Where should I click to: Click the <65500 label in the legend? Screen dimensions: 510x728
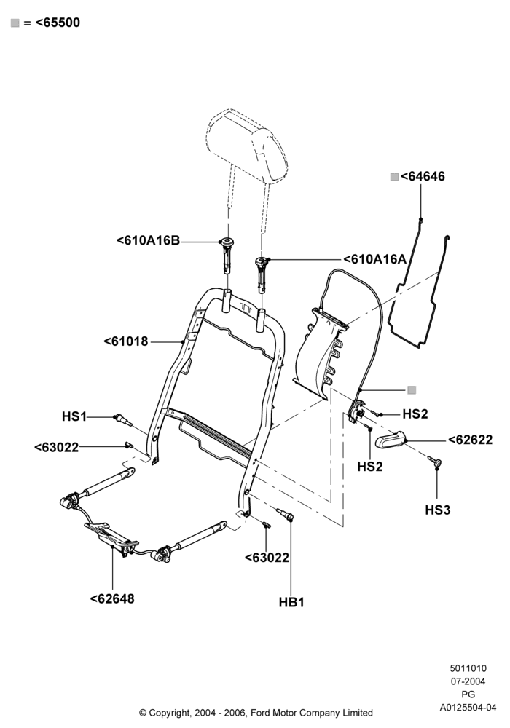click(58, 23)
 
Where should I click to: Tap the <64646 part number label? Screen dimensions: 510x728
click(423, 176)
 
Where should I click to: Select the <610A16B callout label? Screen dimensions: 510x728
click(148, 240)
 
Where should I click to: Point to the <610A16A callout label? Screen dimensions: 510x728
click(374, 259)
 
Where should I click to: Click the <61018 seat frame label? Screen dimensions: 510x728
click(126, 341)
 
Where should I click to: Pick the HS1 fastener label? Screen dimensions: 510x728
click(74, 416)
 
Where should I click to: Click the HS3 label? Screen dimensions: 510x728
click(438, 510)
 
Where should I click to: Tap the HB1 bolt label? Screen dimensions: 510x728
click(291, 602)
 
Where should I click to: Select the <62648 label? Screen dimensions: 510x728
click(112, 599)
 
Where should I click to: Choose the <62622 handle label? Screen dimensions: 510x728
click(470, 440)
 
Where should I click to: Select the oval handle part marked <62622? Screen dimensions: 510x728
click(389, 440)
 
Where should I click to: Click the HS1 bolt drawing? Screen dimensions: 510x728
click(122, 419)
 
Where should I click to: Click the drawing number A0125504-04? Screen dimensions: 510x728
click(468, 708)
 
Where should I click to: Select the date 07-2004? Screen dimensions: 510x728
click(468, 681)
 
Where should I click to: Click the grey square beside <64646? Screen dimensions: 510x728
click(394, 176)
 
